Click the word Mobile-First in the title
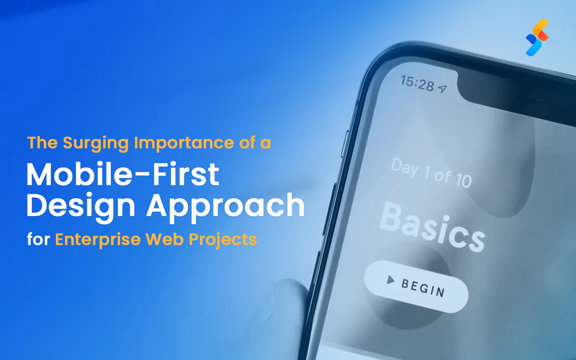123,174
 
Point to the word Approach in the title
225,206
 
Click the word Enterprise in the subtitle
98,239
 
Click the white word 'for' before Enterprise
38,239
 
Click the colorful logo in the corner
537,37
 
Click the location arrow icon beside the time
442,88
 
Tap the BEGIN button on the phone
416,286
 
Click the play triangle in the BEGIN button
390,280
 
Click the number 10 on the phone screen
463,181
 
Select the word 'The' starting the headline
42,143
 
